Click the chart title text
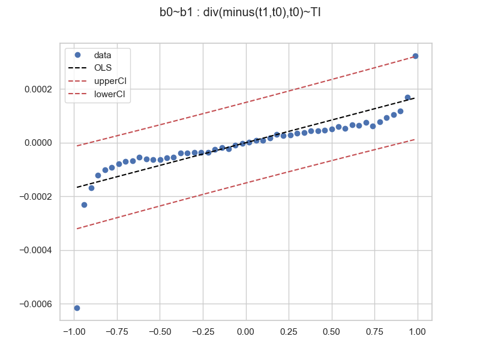pyautogui.click(x=240, y=13)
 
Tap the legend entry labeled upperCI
pyautogui.click(x=110, y=81)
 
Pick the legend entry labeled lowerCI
pyautogui.click(x=110, y=94)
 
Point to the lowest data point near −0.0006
pyautogui.click(x=77, y=308)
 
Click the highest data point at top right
pyautogui.click(x=415, y=56)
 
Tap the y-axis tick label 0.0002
pyautogui.click(x=37, y=89)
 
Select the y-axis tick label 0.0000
pyautogui.click(x=37, y=143)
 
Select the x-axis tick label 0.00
pyautogui.click(x=246, y=331)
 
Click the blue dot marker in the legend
pyautogui.click(x=77, y=55)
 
